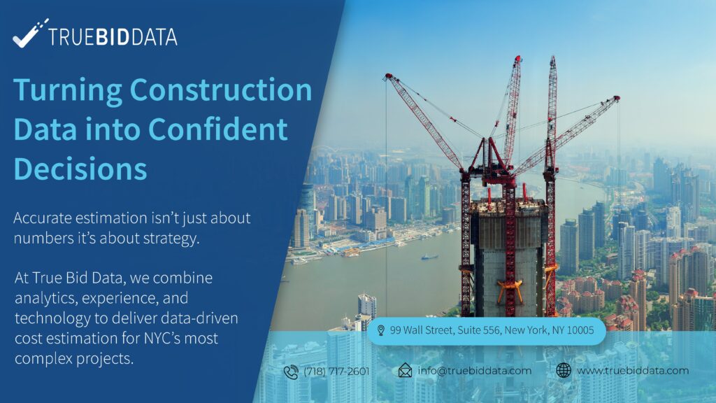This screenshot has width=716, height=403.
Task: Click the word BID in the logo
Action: (x=113, y=37)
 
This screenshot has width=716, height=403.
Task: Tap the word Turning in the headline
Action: (x=68, y=90)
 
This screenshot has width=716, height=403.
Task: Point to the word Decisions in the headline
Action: (x=80, y=169)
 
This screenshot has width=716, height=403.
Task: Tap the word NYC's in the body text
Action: (x=164, y=338)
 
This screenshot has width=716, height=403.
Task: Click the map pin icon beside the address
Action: (x=381, y=330)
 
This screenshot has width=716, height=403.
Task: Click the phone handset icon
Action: (x=291, y=372)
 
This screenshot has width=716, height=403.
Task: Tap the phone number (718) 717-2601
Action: (x=336, y=371)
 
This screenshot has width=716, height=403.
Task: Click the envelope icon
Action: (x=405, y=370)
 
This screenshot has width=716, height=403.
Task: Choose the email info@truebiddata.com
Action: (x=475, y=371)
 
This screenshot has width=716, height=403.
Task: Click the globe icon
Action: (x=564, y=370)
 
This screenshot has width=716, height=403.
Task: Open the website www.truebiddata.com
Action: (x=633, y=371)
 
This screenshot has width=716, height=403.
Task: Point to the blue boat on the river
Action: (x=429, y=257)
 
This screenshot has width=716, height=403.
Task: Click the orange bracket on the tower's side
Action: (x=510, y=290)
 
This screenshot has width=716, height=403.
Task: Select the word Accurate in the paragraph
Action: (x=43, y=218)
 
